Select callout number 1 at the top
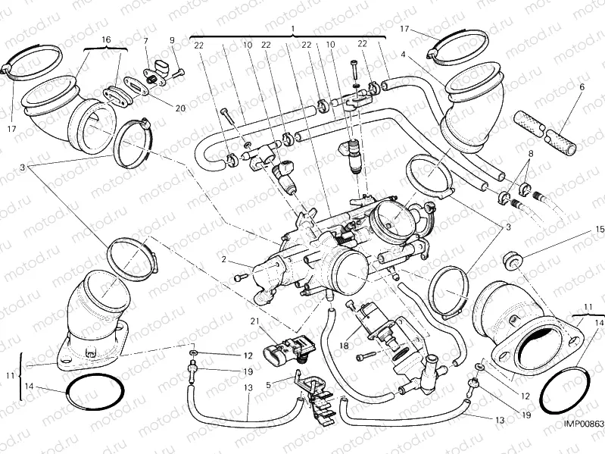tap(292, 27)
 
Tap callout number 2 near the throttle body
tap(224, 259)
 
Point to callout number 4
tap(404, 55)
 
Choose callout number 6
tap(582, 87)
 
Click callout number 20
tap(180, 108)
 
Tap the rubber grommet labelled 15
tap(514, 261)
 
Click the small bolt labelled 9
tap(179, 74)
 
